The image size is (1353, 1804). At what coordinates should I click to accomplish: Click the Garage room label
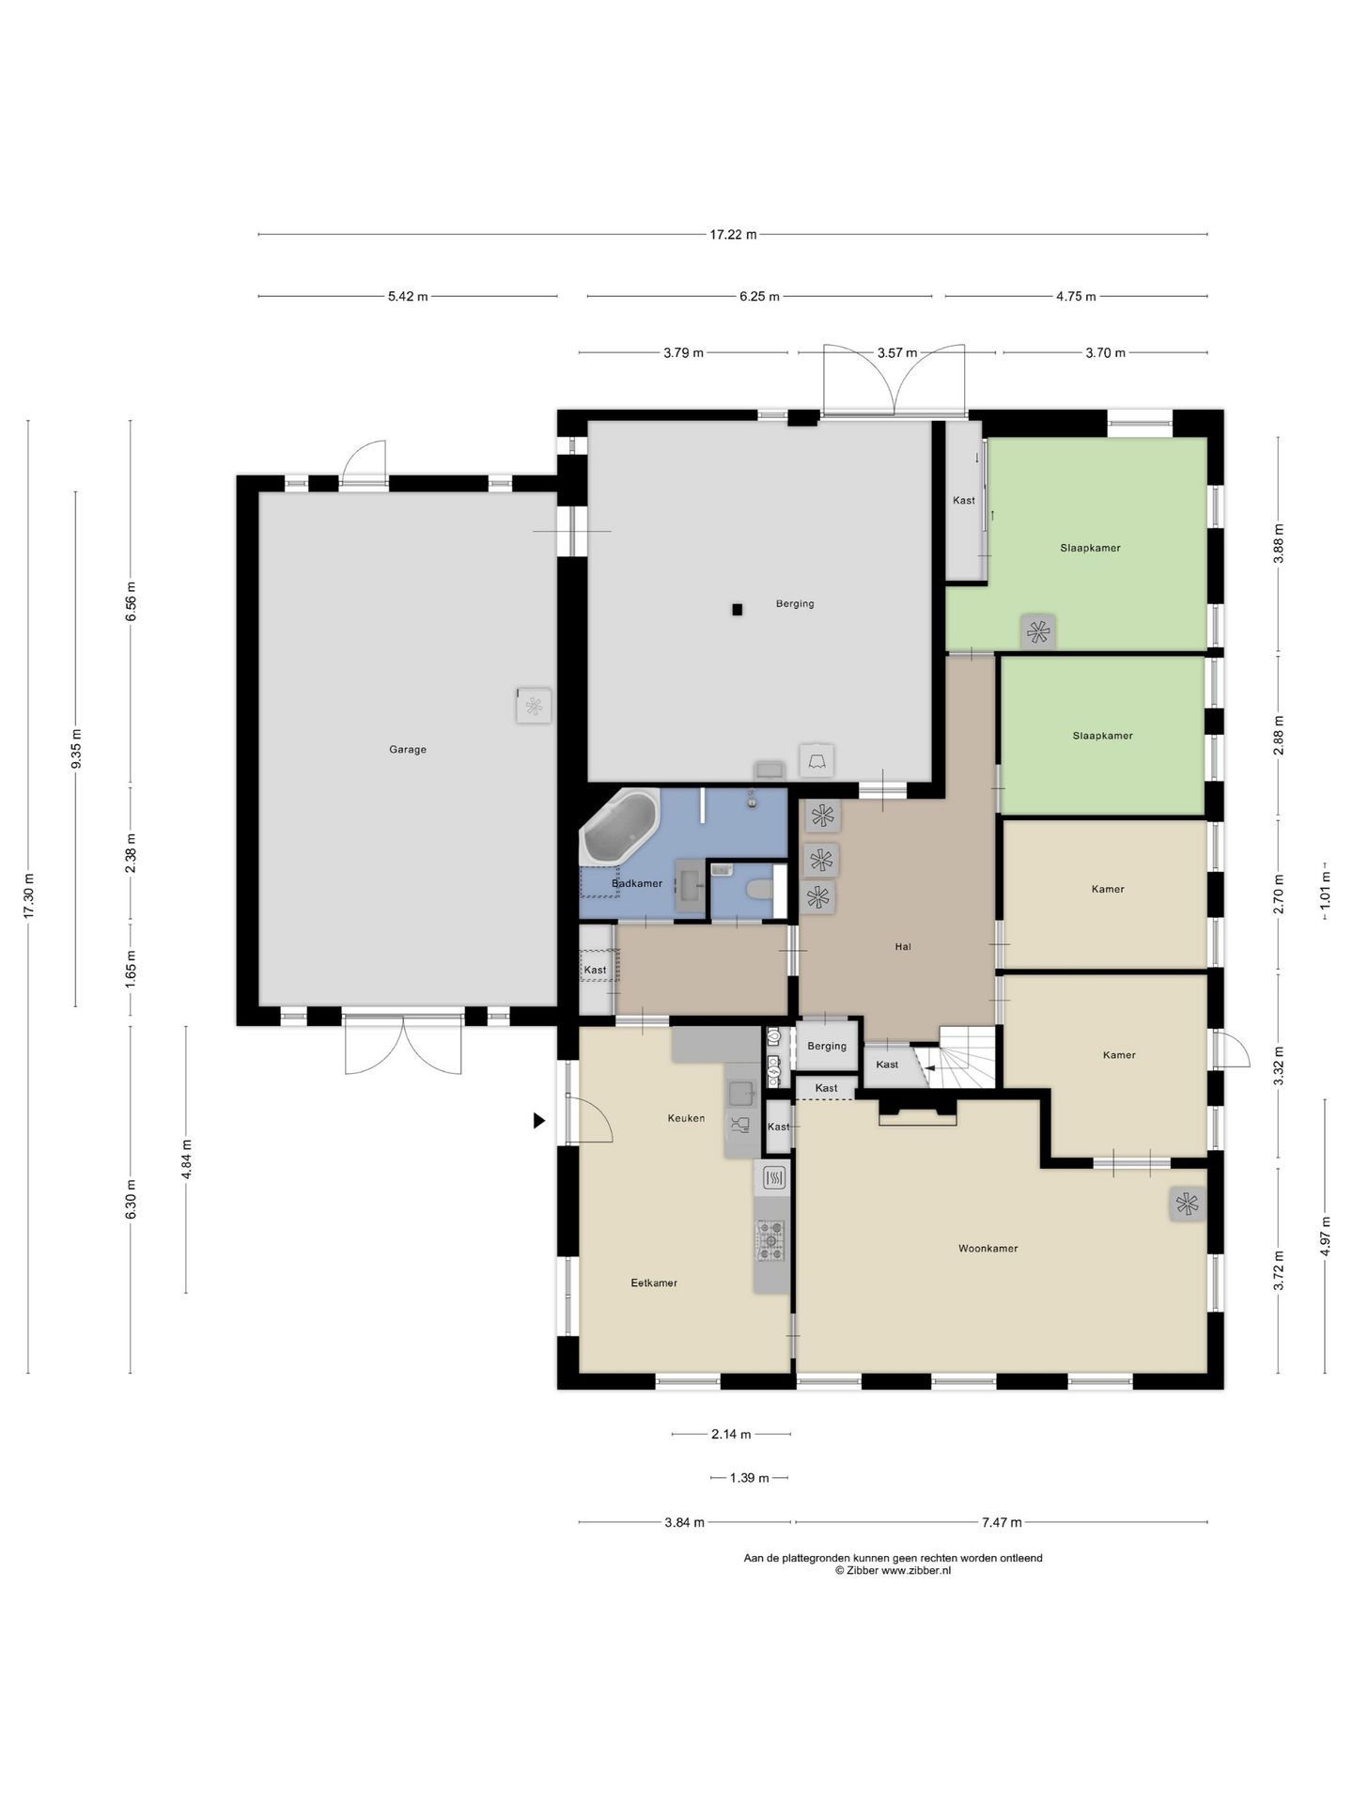[408, 750]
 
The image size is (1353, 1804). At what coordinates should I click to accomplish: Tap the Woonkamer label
[988, 1249]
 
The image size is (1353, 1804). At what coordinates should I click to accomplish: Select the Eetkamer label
[654, 1283]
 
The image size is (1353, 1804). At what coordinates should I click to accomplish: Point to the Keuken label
[686, 1118]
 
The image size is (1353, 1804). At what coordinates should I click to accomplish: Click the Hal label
[903, 947]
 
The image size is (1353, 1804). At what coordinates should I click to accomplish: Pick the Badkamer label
[637, 883]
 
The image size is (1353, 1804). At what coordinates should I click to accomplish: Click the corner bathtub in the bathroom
[620, 826]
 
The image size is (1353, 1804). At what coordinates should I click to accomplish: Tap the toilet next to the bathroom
[761, 889]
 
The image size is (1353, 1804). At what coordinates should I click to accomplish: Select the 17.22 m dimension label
[733, 235]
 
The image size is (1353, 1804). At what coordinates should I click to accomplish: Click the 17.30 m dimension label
[29, 897]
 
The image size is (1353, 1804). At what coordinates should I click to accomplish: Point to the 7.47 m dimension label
[1002, 1523]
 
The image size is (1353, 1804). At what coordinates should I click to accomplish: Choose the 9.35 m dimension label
[77, 749]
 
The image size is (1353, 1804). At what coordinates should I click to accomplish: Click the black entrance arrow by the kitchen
[539, 1120]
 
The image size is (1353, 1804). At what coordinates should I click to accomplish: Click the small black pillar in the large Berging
[738, 610]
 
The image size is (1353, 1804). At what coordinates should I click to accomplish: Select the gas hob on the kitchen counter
[770, 1240]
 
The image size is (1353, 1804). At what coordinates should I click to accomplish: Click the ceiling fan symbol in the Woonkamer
[1188, 1204]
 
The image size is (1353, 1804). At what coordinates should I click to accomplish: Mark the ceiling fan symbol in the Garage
[534, 706]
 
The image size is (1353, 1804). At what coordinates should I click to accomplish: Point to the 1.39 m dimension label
[749, 1478]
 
